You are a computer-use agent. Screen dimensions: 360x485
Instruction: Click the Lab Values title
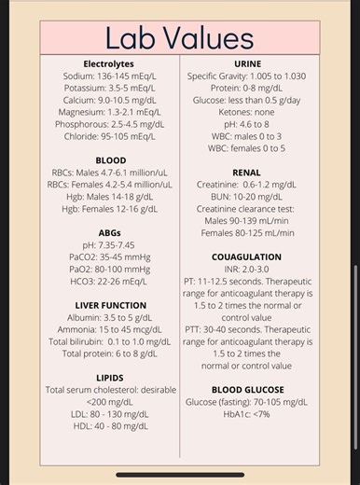click(x=179, y=37)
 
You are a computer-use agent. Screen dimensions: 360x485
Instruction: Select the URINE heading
click(x=246, y=63)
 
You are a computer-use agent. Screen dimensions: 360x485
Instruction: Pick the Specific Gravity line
click(x=246, y=76)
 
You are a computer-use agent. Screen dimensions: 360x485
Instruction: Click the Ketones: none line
click(x=246, y=112)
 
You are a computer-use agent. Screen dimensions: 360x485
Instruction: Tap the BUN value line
click(x=246, y=197)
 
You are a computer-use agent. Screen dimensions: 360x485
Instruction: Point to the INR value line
click(x=246, y=269)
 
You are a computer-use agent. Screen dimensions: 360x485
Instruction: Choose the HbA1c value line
click(x=246, y=414)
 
